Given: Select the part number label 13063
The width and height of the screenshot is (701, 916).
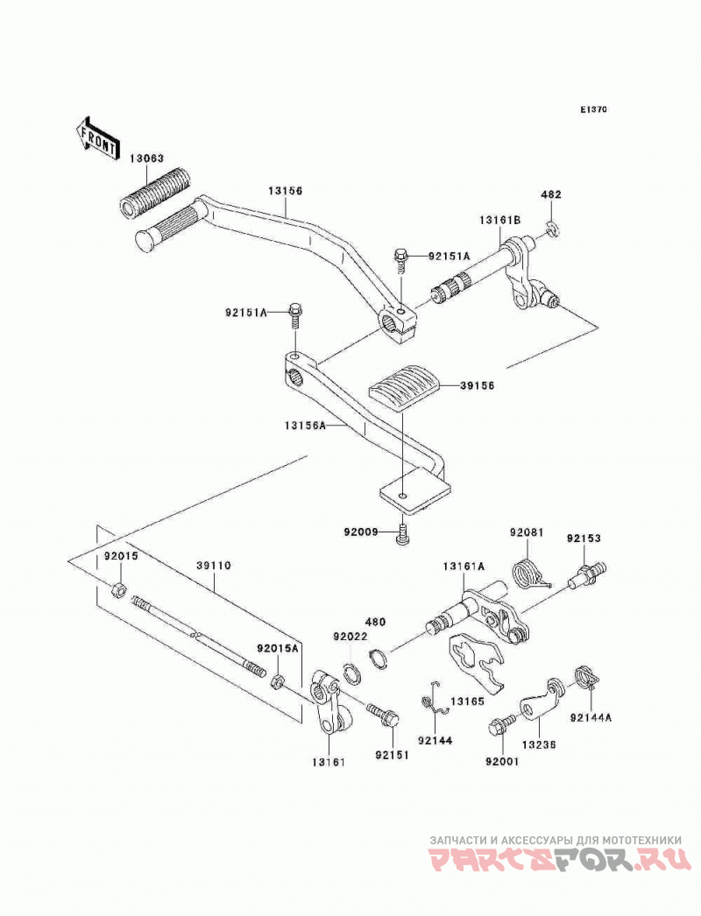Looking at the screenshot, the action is [x=146, y=159].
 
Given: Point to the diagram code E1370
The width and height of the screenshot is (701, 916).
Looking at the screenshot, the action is [x=594, y=109].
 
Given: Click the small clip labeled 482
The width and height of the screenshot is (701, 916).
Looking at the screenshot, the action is [x=553, y=229].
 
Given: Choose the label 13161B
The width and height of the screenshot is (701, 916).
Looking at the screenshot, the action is [x=499, y=219].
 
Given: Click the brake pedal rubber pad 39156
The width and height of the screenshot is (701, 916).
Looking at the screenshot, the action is [x=404, y=387].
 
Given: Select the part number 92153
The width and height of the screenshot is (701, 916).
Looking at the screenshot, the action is [x=583, y=538].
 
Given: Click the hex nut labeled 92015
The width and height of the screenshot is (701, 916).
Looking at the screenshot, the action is [x=117, y=589].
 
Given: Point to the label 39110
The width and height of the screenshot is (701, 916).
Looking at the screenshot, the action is [x=214, y=566].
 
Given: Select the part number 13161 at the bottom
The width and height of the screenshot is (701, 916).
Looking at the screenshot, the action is [x=328, y=762].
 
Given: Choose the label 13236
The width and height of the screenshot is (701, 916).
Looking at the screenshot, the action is [x=539, y=745].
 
